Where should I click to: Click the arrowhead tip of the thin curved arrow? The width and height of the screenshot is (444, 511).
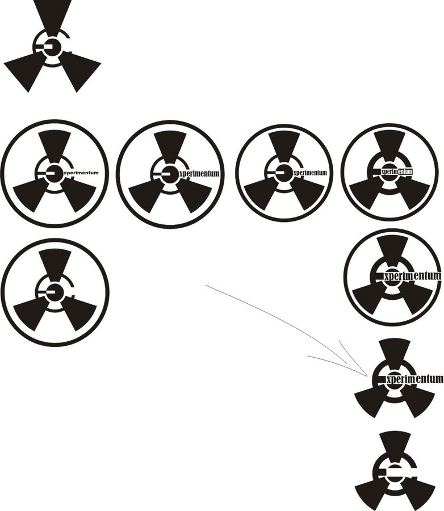click(x=367, y=376)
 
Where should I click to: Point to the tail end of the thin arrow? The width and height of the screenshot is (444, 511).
click(x=206, y=285)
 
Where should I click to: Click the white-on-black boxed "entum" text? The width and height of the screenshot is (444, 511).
click(x=405, y=171)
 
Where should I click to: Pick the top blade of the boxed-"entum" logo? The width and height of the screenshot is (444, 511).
click(x=389, y=144)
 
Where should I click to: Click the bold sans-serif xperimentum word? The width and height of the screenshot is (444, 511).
click(x=81, y=173)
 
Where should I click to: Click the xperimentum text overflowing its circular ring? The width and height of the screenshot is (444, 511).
click(x=412, y=276)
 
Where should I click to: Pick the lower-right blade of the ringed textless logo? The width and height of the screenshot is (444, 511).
click(x=79, y=313)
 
